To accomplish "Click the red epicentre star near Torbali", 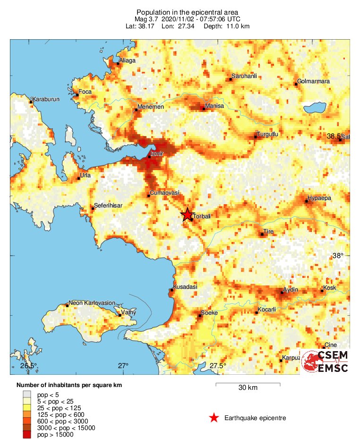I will pos(187,215).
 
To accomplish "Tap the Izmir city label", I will pos(157,154).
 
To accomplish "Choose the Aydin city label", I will pos(290,289).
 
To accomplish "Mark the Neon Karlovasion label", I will pos(92,303).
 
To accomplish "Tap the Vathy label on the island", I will pos(129,312).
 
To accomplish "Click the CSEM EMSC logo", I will pos(325,362).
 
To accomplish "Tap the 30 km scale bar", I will pos(248,384).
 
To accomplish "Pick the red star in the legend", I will pos(214,418).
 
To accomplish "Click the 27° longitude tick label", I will pos(123,366).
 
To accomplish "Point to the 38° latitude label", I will pos(338,256).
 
